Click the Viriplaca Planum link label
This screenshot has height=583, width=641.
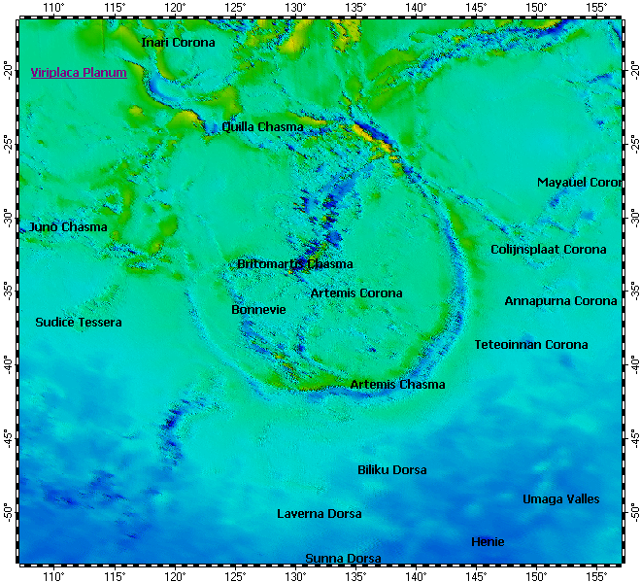tap(79, 72)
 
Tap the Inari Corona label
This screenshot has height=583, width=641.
tap(179, 43)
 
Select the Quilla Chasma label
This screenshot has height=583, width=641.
tap(262, 127)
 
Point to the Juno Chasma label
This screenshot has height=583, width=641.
tap(69, 227)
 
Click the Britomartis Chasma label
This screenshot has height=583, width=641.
tap(295, 264)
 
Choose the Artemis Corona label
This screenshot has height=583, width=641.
tap(356, 293)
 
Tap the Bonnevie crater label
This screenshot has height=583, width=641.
tap(258, 310)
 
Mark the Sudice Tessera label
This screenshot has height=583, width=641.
tap(79, 323)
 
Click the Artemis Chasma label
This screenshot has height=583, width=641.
tap(397, 385)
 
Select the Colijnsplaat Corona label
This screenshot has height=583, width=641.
tap(548, 250)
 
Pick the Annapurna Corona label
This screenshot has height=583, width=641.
tap(560, 301)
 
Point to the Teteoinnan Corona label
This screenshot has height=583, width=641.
tap(531, 345)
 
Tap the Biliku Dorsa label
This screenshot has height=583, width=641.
tap(392, 470)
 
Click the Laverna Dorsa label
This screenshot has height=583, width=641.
tap(320, 514)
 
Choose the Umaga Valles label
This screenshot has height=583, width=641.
tap(561, 499)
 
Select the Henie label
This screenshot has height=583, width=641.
tap(488, 542)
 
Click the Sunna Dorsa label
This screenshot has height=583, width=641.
tap(343, 559)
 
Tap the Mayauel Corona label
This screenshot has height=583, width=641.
tap(579, 183)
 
